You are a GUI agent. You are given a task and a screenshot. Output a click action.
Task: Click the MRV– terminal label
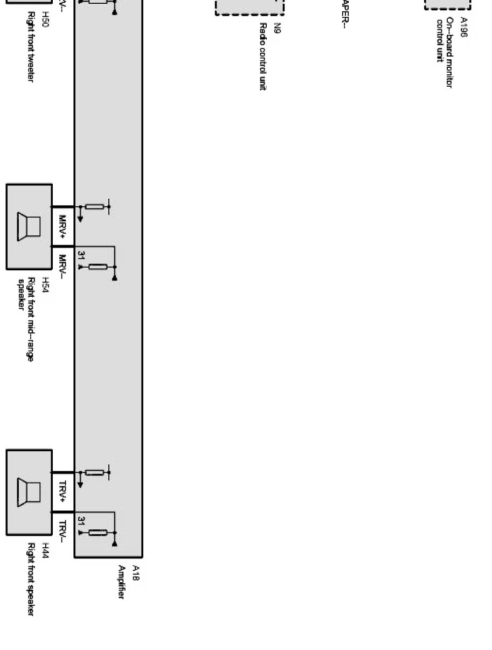[x=63, y=266]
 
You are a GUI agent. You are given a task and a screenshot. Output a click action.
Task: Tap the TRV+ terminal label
[x=63, y=492]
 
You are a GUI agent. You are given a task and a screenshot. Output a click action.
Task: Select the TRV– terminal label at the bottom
[x=63, y=532]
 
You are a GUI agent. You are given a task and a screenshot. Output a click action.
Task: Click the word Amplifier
[x=122, y=582]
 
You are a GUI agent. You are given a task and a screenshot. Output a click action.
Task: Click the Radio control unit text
[x=263, y=57]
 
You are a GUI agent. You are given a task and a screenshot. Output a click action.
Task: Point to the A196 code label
[x=464, y=27]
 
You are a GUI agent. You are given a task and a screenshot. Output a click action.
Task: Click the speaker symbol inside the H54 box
[x=30, y=227]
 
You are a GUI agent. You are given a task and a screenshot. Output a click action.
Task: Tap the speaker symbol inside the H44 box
[x=30, y=492]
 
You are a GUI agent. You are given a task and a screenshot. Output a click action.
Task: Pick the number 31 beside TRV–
[x=81, y=521]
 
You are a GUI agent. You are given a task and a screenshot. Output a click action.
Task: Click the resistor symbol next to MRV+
[x=95, y=207]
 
